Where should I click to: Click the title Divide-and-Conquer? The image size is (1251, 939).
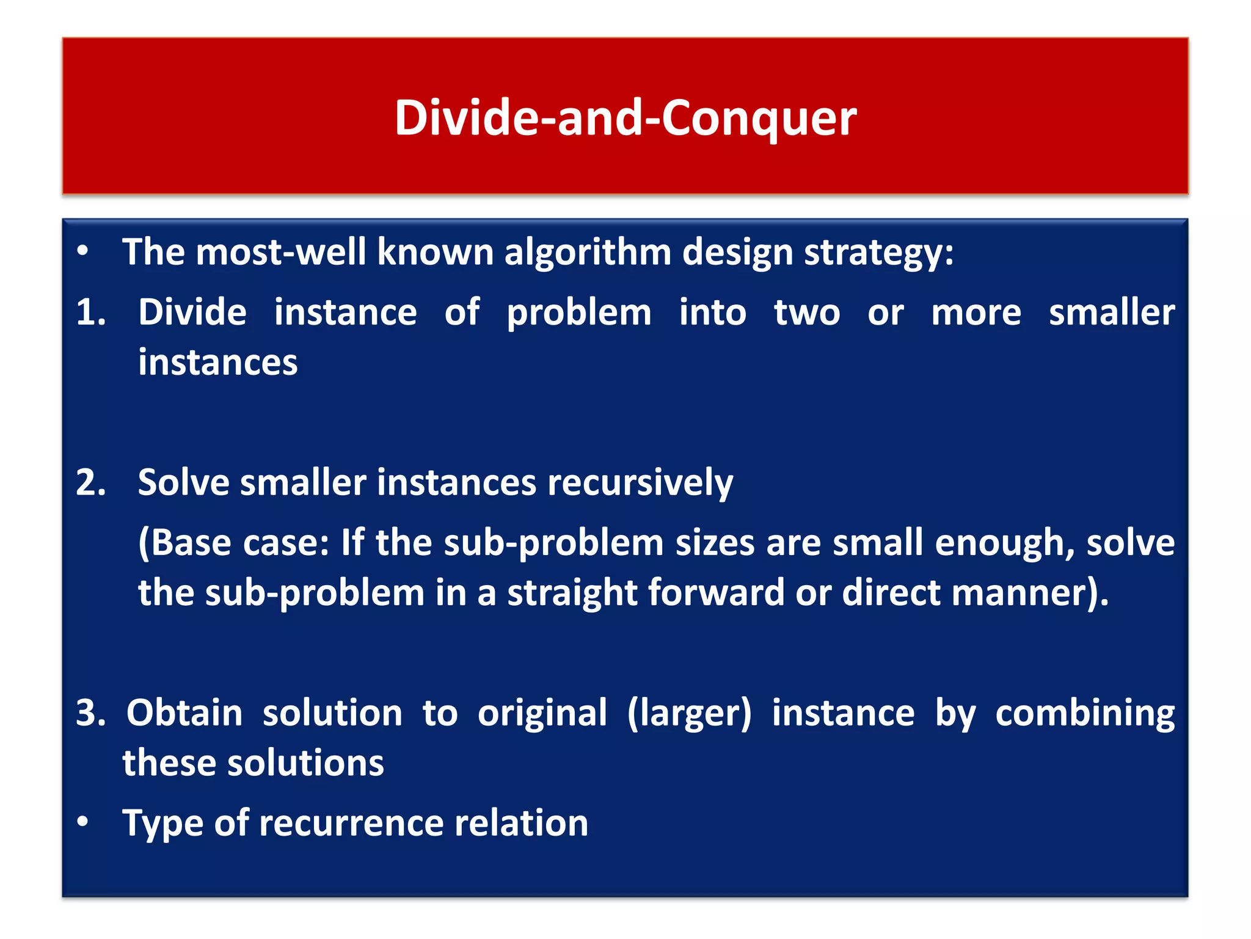(625, 117)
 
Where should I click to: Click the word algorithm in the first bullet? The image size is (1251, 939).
(588, 252)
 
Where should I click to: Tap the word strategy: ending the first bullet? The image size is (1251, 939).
(878, 252)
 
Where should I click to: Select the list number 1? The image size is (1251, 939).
(90, 312)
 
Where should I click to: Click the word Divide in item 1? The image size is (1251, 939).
(192, 312)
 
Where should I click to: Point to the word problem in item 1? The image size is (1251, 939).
(579, 314)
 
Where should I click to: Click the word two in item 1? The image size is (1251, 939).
(807, 312)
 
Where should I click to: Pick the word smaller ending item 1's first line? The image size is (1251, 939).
(1111, 312)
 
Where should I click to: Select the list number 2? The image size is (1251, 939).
(90, 482)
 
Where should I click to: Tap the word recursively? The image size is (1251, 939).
(640, 484)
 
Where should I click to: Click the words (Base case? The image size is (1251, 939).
(233, 543)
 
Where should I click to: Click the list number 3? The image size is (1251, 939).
(90, 713)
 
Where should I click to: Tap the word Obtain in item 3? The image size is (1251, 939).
(184, 713)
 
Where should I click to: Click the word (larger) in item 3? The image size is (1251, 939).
(689, 714)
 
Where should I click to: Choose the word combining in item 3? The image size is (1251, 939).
(1085, 714)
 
